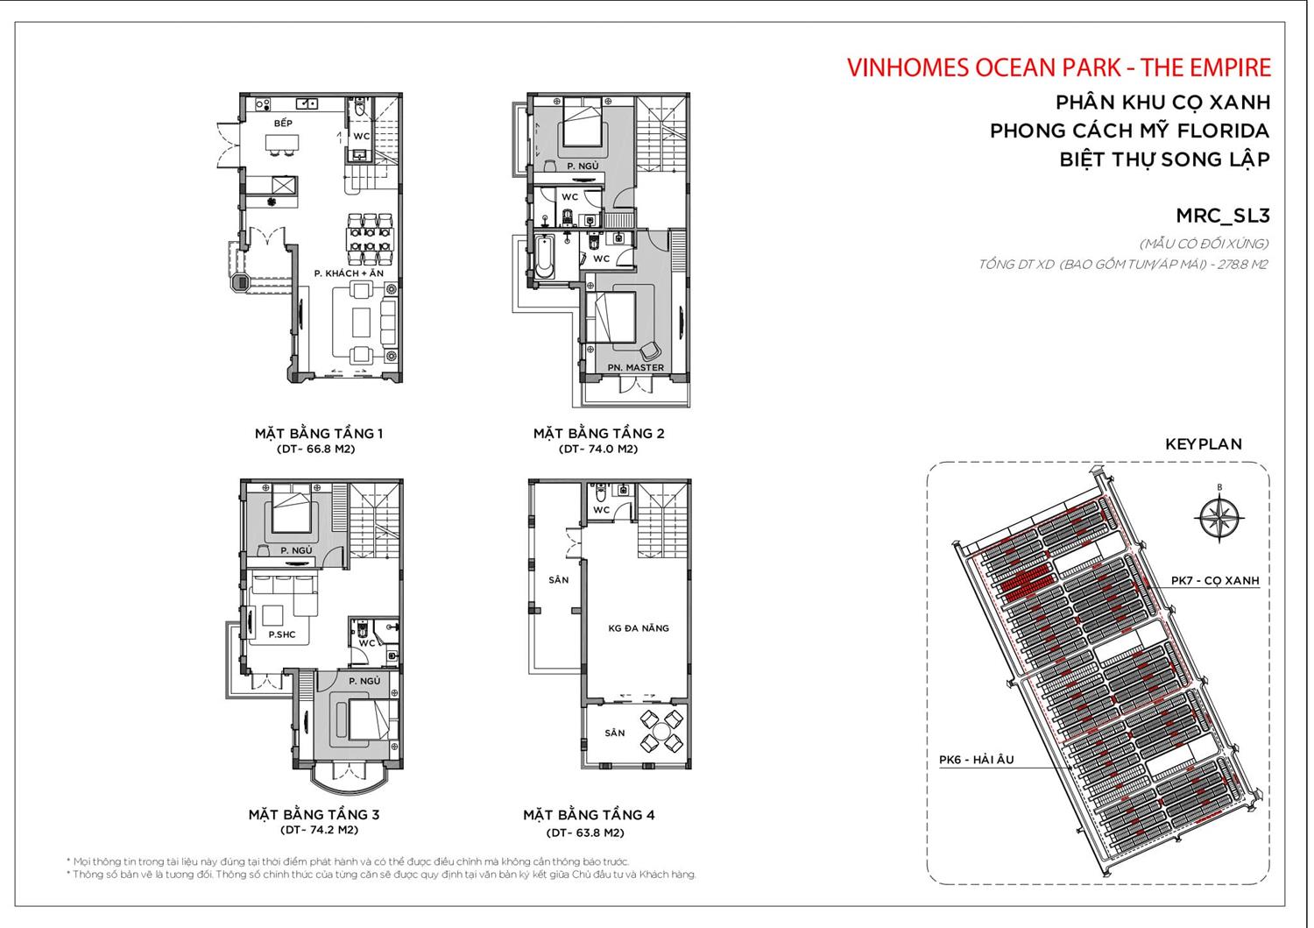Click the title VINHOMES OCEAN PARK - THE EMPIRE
click(x=1058, y=67)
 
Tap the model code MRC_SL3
click(x=1222, y=216)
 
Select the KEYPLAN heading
click(x=1203, y=444)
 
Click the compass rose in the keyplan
click(x=1219, y=517)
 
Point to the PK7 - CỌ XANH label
click(x=1214, y=580)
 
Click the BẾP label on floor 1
click(x=283, y=124)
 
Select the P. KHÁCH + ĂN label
click(x=349, y=274)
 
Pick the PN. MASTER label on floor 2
click(x=636, y=367)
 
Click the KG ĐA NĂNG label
click(x=639, y=628)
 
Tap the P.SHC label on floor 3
click(x=281, y=634)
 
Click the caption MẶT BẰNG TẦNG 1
click(x=319, y=433)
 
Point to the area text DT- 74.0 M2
click(x=598, y=449)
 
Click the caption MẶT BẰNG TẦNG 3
click(x=314, y=815)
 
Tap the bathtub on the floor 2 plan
click(x=544, y=256)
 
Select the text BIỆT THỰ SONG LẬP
click(x=1164, y=159)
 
